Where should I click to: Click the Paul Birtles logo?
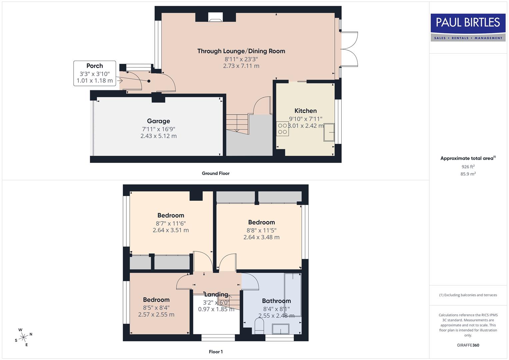pos(468,27)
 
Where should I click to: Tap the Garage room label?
pos(159,121)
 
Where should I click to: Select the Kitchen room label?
pos(305,111)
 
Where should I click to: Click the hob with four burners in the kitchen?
pos(282,129)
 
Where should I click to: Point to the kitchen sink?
pos(329,132)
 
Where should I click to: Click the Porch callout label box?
pos(95,73)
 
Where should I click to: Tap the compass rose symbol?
pos(23,337)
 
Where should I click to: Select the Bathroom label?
pos(276,301)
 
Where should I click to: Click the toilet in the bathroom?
pos(259,325)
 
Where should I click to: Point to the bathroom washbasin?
pos(281,329)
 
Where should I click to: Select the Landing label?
pos(216,294)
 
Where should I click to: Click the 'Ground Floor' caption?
pos(216,173)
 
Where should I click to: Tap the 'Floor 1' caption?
pos(216,352)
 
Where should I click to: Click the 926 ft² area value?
pos(468,167)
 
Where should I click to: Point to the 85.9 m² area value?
pos(468,174)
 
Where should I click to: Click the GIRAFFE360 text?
pos(468,345)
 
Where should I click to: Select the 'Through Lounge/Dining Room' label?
pos(241,51)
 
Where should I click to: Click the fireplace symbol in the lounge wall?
pos(215,17)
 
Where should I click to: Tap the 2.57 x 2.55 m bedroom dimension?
pos(156,314)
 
